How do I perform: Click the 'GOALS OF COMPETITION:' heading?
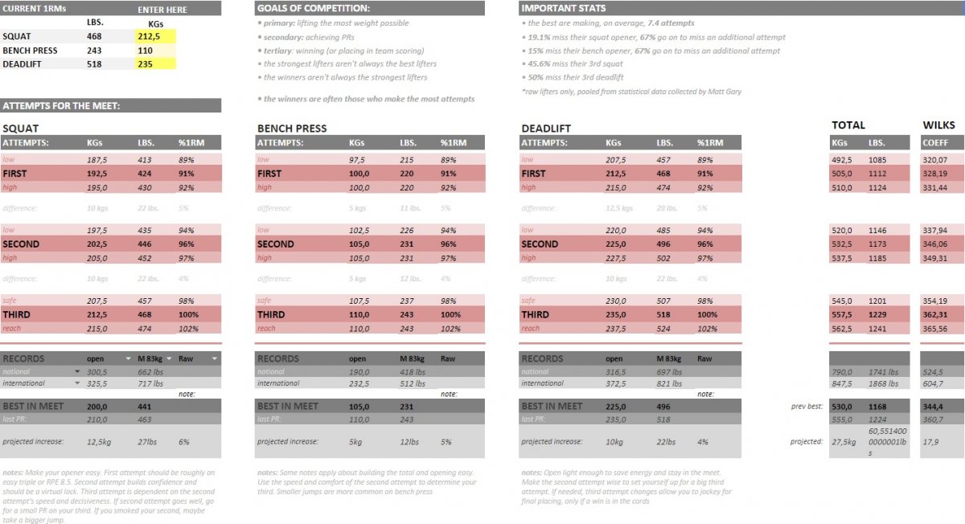point(314,8)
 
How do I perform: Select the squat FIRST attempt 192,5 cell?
point(97,174)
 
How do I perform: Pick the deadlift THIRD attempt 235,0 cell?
point(617,315)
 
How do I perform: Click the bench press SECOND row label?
point(276,244)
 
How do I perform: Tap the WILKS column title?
point(938,125)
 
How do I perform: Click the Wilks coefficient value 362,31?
point(935,315)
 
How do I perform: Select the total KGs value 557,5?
point(842,315)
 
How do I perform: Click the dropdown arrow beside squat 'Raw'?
point(215,358)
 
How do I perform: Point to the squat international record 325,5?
point(97,383)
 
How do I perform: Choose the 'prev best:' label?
point(806,407)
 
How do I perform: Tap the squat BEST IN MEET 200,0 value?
point(97,407)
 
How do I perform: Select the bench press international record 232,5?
point(359,383)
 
